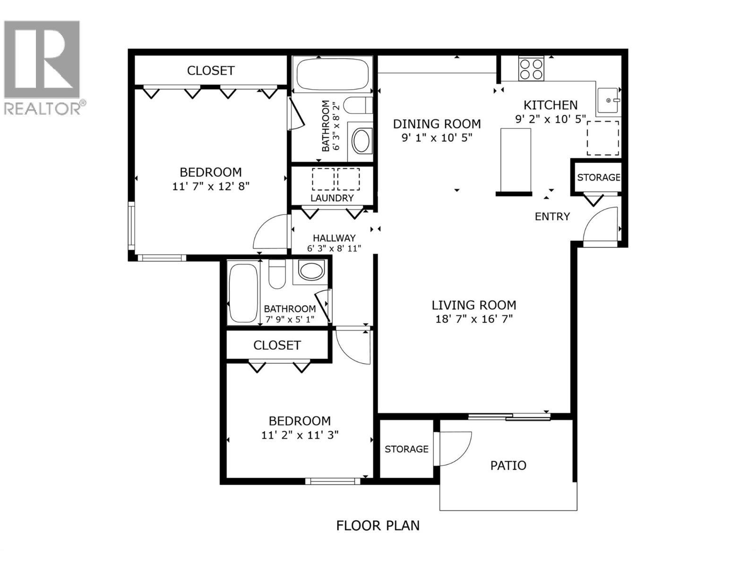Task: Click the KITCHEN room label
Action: coord(550,104)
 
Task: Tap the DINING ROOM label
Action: coord(437,124)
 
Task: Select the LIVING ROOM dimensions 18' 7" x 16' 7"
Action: coord(474,319)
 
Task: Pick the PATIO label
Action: coord(508,465)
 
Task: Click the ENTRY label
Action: coord(552,216)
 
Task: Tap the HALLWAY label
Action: coord(334,238)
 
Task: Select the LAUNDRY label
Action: coord(332,198)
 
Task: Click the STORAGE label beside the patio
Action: coord(406,449)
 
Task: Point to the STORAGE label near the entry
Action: coord(599,177)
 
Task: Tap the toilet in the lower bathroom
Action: coord(277,274)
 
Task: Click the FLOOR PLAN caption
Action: coord(378,535)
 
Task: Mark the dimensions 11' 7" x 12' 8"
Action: coord(211,186)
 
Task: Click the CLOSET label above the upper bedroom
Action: coord(210,70)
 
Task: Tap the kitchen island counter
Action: coord(515,160)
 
